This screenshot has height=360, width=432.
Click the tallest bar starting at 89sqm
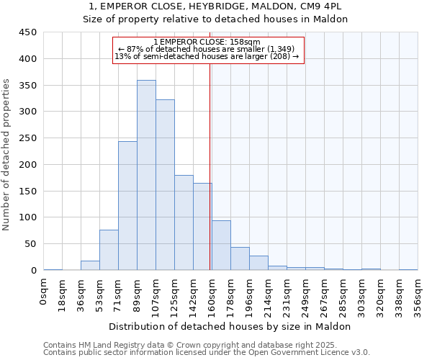coord(146,175)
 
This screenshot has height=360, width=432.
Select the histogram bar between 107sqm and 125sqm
coord(165,185)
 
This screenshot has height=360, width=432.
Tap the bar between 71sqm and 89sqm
coord(127,206)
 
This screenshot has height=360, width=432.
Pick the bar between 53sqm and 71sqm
coord(109,250)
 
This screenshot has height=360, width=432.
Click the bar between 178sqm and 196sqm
coord(240,258)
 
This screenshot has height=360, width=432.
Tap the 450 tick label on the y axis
coord(28,32)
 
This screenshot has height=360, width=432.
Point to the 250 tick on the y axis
coord(28,138)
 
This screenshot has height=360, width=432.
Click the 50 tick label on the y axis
coord(31,244)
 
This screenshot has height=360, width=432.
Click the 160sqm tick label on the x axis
coord(212,293)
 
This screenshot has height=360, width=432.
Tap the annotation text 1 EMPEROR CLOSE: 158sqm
coord(207,42)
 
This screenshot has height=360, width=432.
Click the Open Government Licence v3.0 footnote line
coord(207,353)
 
